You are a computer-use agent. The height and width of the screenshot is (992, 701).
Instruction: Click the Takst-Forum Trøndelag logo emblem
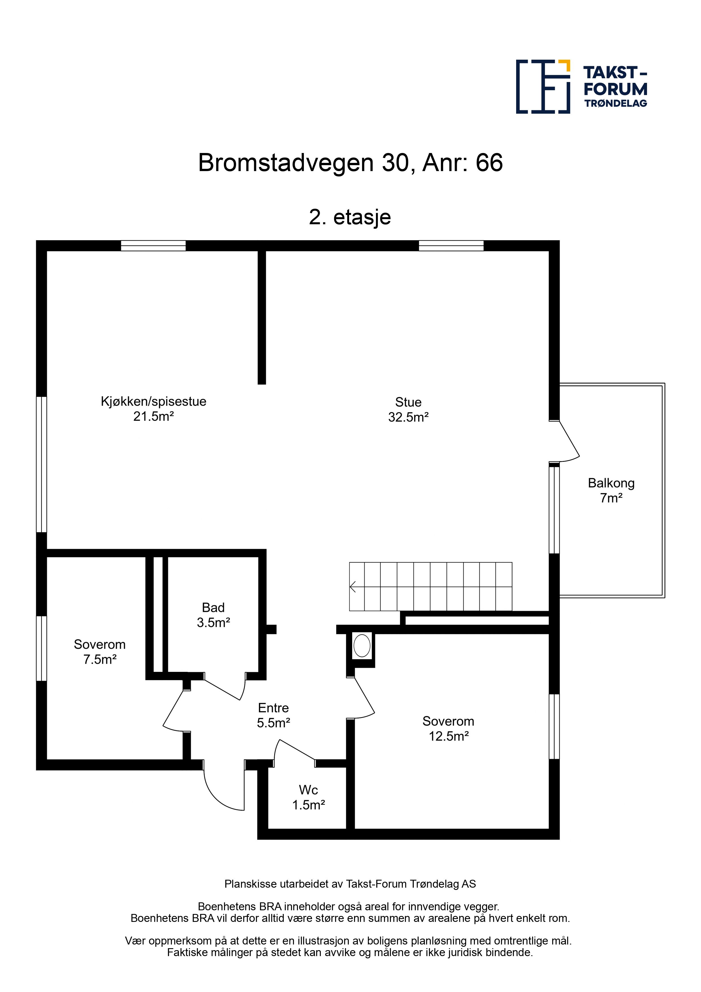coord(543,87)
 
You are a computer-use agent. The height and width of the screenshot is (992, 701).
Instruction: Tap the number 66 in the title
coord(489,163)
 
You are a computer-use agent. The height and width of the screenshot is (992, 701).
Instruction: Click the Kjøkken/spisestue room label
coord(153,401)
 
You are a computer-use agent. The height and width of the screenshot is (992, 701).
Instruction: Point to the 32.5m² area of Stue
coord(408,417)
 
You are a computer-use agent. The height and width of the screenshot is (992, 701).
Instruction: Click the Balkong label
coord(611,483)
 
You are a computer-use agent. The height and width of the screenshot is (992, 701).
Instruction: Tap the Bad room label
coord(213,607)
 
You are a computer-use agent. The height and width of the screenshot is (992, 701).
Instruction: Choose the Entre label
coord(273,708)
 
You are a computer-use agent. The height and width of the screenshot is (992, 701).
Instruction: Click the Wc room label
coord(308,790)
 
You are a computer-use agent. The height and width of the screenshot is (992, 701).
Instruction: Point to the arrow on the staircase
coord(352,587)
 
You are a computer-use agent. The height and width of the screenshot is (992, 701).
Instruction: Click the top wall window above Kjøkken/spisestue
coord(153,246)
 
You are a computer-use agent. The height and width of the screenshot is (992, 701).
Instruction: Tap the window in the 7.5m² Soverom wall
coord(42,648)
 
